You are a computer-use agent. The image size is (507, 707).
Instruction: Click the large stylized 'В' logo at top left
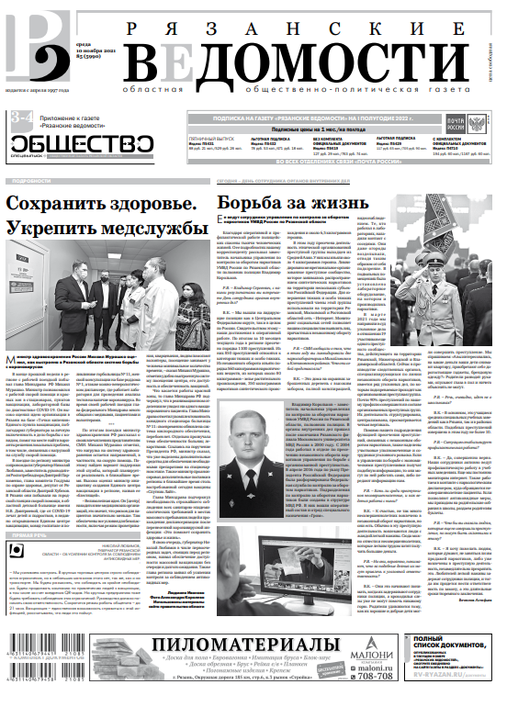(x=28, y=42)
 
